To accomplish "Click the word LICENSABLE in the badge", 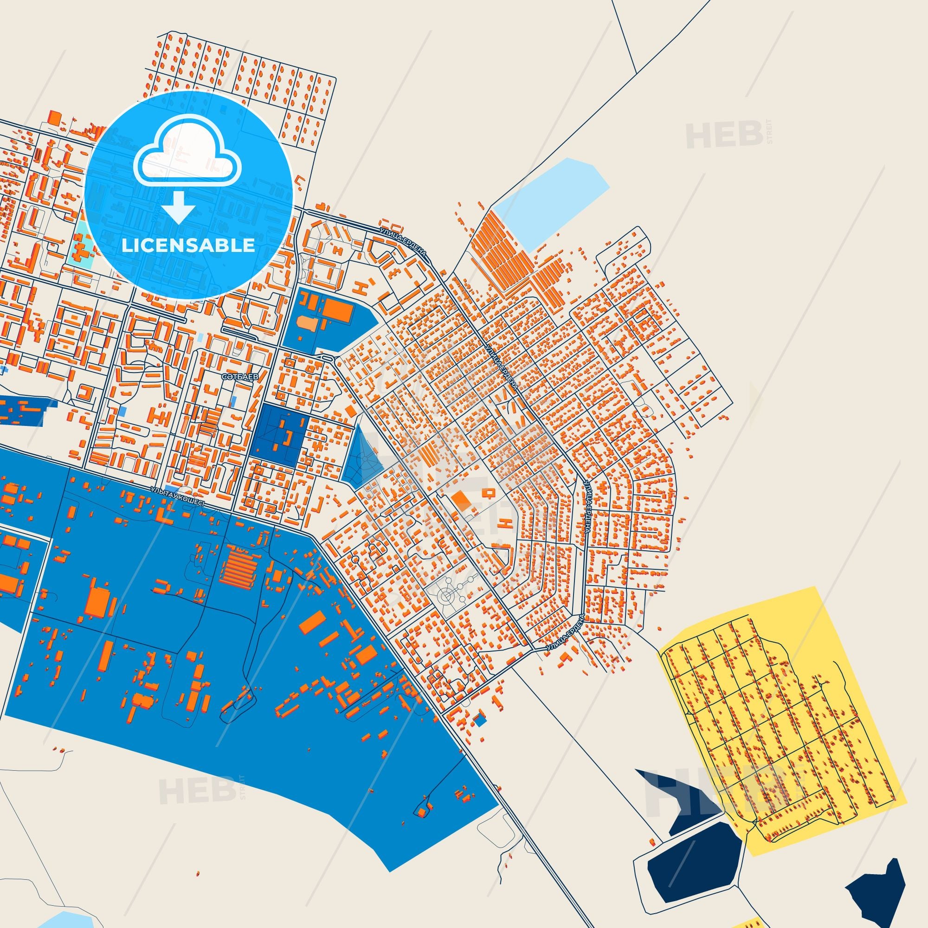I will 188,245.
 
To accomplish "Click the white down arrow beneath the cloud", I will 178,206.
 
